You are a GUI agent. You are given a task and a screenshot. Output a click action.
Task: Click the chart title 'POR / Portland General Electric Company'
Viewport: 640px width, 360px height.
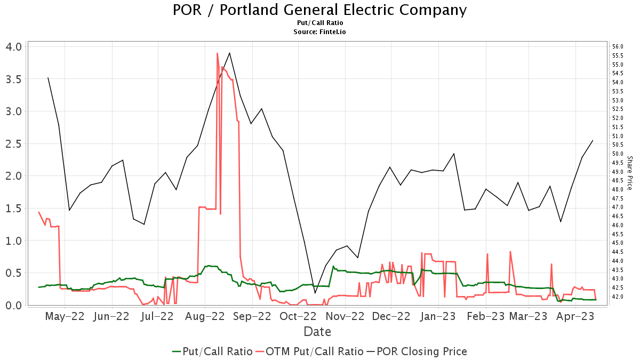[x=320, y=10]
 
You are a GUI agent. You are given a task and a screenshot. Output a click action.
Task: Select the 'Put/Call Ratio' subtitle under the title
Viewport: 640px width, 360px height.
[x=320, y=23]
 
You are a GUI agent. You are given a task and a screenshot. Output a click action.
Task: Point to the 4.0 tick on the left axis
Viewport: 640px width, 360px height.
[x=14, y=46]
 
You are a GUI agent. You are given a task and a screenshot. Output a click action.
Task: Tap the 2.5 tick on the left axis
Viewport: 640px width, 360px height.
[x=14, y=143]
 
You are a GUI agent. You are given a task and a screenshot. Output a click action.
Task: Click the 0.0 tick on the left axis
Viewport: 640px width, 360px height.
[x=14, y=305]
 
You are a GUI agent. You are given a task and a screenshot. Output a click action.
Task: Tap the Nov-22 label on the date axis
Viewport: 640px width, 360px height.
[x=345, y=316]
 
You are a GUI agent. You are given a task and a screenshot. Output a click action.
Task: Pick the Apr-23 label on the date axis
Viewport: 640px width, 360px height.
[x=575, y=316]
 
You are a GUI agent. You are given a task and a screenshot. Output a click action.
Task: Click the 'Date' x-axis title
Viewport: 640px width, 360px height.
[x=317, y=332]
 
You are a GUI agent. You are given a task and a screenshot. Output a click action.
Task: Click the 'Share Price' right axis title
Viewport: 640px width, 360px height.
[x=629, y=173]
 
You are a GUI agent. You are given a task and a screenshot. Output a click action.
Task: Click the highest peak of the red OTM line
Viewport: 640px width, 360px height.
[x=217, y=53]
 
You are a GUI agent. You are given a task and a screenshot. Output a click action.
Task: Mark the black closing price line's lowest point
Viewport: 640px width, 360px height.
[x=315, y=293]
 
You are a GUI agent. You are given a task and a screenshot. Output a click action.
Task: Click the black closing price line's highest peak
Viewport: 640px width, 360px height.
[x=229, y=53]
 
